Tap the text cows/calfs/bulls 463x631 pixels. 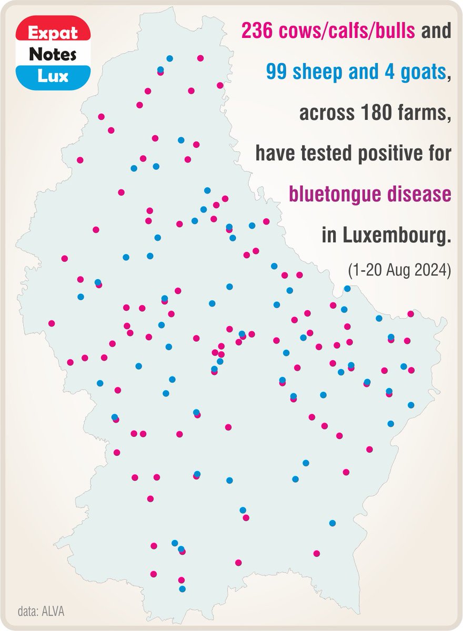point(344,32)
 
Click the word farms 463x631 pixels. point(426,113)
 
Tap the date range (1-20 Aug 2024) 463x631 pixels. point(399,271)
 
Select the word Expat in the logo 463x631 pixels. point(52,33)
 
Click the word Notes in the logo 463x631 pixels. point(52,54)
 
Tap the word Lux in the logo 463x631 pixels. point(52,76)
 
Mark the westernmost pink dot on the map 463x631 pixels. point(52,323)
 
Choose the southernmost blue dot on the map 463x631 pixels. point(182,589)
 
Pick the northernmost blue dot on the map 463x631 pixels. point(169,58)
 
